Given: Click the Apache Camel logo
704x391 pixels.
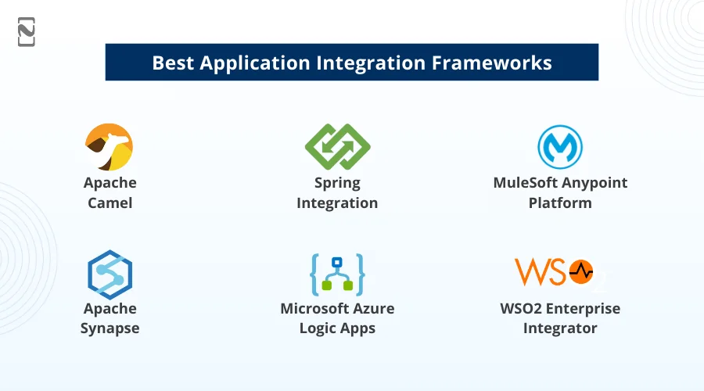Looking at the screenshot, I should (x=109, y=147).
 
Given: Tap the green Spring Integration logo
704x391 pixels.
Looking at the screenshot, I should (x=337, y=147).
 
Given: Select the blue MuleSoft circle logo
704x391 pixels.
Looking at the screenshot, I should (x=559, y=147).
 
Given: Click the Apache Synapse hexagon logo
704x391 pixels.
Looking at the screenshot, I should (x=110, y=274).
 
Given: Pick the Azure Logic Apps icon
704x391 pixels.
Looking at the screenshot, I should (x=337, y=274).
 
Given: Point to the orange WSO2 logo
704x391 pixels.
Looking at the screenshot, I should (x=559, y=272).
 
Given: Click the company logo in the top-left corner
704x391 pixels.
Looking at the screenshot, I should (x=27, y=32).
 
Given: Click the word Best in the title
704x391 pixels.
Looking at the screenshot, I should (x=173, y=63).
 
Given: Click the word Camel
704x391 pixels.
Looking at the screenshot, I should (x=110, y=203).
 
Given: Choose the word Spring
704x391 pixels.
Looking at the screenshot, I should (x=337, y=183).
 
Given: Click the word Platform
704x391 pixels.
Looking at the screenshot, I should (x=559, y=203).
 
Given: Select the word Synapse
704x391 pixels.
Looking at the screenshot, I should (x=110, y=328).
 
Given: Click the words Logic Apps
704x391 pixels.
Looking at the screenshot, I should (x=337, y=328).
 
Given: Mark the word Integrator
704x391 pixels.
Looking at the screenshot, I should (x=559, y=328).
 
